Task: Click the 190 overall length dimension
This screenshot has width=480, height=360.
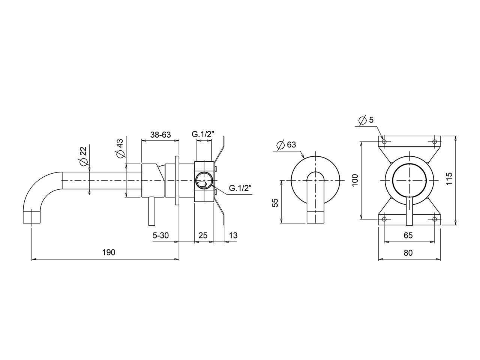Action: tap(108, 252)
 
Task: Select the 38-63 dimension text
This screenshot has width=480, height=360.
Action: tap(160, 134)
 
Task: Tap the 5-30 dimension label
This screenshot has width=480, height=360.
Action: tap(160, 235)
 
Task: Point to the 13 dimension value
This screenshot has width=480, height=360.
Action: tap(232, 235)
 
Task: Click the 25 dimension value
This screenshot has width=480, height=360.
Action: tap(203, 235)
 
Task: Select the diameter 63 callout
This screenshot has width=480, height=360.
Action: tap(286, 145)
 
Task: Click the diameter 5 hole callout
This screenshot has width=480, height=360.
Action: tap(366, 120)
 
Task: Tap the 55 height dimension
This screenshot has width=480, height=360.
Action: tap(275, 203)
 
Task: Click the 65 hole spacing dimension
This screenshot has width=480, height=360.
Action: tap(408, 235)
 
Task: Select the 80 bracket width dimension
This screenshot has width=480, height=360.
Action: tap(408, 253)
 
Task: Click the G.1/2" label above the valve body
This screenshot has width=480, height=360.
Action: tap(203, 134)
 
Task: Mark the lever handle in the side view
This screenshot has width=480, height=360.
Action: tap(151, 211)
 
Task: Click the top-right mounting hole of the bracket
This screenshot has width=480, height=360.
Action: tap(435, 142)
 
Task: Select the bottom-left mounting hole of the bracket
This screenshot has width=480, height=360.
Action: tap(384, 219)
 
